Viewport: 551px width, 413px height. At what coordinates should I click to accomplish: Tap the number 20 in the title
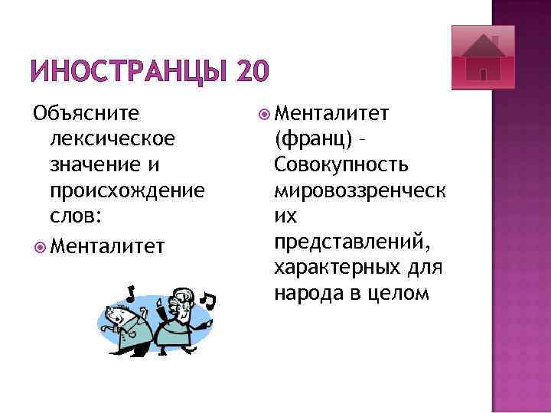[x=253, y=73]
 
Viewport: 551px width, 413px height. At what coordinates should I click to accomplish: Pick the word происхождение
[x=126, y=190]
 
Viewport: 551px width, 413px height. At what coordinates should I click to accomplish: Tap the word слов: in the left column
[x=73, y=216]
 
